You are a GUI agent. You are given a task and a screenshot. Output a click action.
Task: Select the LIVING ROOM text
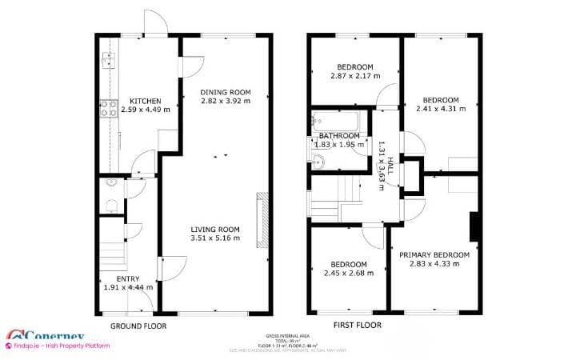(215, 229)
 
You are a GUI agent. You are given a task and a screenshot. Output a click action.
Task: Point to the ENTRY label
(128, 278)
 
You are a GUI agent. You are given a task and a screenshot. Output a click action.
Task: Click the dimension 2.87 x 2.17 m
(354, 76)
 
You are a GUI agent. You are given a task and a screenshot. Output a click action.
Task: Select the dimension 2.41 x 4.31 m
(441, 110)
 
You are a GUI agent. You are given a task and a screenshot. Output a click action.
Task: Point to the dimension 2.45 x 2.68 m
(349, 274)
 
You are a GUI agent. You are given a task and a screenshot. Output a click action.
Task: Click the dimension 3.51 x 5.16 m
(215, 238)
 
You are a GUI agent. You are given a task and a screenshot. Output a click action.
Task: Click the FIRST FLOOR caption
(357, 326)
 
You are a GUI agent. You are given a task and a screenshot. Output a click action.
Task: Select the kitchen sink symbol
(108, 60)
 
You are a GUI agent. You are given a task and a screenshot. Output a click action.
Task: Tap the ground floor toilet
(110, 206)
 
